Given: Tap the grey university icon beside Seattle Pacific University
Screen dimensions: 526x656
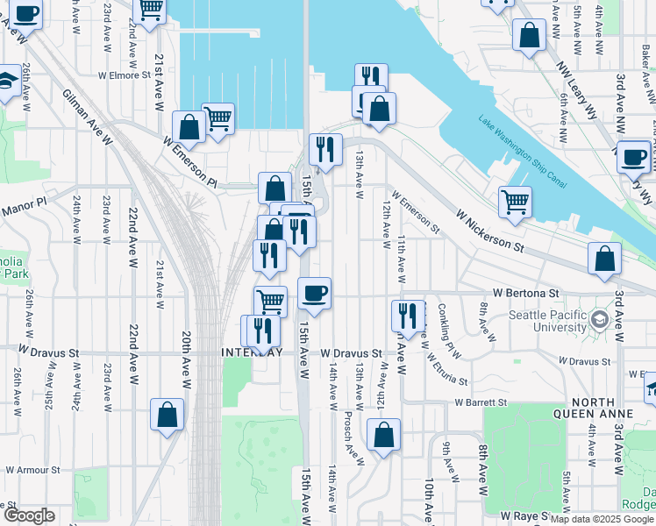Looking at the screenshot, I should [x=600, y=316].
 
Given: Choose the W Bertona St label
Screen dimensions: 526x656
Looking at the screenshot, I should [x=525, y=292].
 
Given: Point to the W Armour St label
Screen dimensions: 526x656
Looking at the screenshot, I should [x=30, y=469].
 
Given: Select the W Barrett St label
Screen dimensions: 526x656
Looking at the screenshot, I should [x=481, y=402].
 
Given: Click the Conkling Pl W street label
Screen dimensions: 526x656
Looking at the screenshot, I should [x=448, y=323].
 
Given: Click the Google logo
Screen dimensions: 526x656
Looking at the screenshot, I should [x=29, y=515].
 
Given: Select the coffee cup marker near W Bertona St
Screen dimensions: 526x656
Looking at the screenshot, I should [x=315, y=292].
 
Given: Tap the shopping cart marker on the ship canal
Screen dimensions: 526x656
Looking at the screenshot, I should [x=516, y=201].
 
